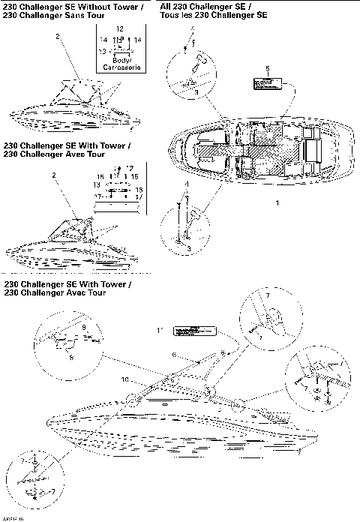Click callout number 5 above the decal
click(x=267, y=68)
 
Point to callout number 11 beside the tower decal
click(x=159, y=330)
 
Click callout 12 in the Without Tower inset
click(x=119, y=28)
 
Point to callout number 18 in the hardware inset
click(x=138, y=190)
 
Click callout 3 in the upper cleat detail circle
click(x=196, y=91)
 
